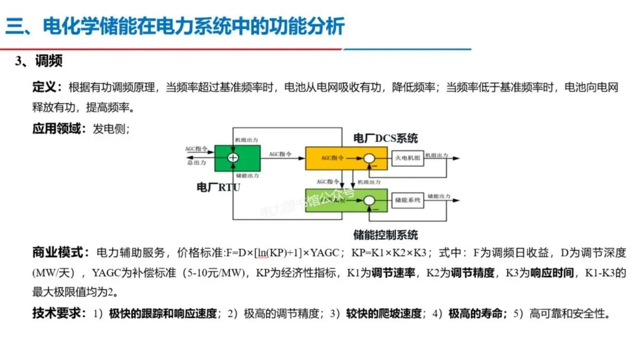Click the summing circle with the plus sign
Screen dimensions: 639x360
(x=233, y=157)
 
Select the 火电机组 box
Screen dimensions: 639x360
(x=408, y=157)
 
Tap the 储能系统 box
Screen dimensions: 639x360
(x=408, y=200)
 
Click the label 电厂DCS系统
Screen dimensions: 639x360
(x=385, y=139)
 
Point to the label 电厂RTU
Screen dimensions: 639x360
(x=218, y=187)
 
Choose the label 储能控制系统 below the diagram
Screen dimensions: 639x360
(x=385, y=234)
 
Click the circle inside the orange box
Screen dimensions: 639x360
(x=370, y=158)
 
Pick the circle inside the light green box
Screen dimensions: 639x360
(x=370, y=201)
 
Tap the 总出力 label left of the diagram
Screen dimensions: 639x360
(x=196, y=162)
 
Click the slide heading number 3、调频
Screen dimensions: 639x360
(x=39, y=62)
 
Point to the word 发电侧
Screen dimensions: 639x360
(x=108, y=129)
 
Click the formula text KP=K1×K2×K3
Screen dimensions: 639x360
(x=386, y=253)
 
